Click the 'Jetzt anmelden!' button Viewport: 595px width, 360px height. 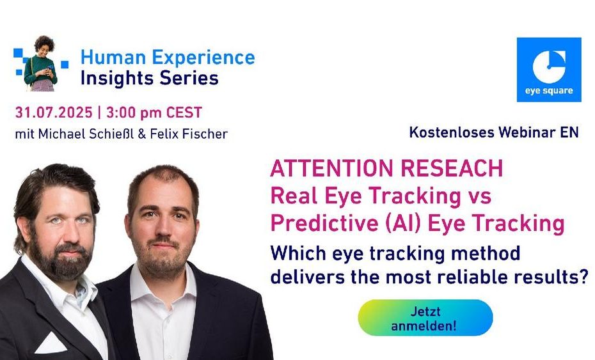[x=425, y=318]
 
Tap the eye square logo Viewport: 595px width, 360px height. [x=549, y=70]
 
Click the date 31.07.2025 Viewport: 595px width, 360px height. [x=54, y=113]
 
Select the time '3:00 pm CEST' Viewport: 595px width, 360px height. [x=154, y=113]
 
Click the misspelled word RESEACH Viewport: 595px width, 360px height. [x=452, y=168]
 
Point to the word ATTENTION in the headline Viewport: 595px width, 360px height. [x=333, y=168]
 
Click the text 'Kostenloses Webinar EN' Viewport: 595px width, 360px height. [x=494, y=132]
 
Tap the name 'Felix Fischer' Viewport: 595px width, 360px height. [x=189, y=134]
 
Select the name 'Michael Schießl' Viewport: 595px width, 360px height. [x=86, y=134]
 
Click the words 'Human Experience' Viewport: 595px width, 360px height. [x=168, y=58]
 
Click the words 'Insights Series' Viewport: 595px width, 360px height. [x=150, y=78]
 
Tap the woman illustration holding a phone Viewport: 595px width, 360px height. [x=40, y=63]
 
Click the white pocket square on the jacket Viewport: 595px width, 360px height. [x=51, y=343]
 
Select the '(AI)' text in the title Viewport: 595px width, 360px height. [x=403, y=223]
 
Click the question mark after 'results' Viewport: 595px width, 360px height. [x=583, y=276]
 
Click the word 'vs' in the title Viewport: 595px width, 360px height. [x=480, y=196]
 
